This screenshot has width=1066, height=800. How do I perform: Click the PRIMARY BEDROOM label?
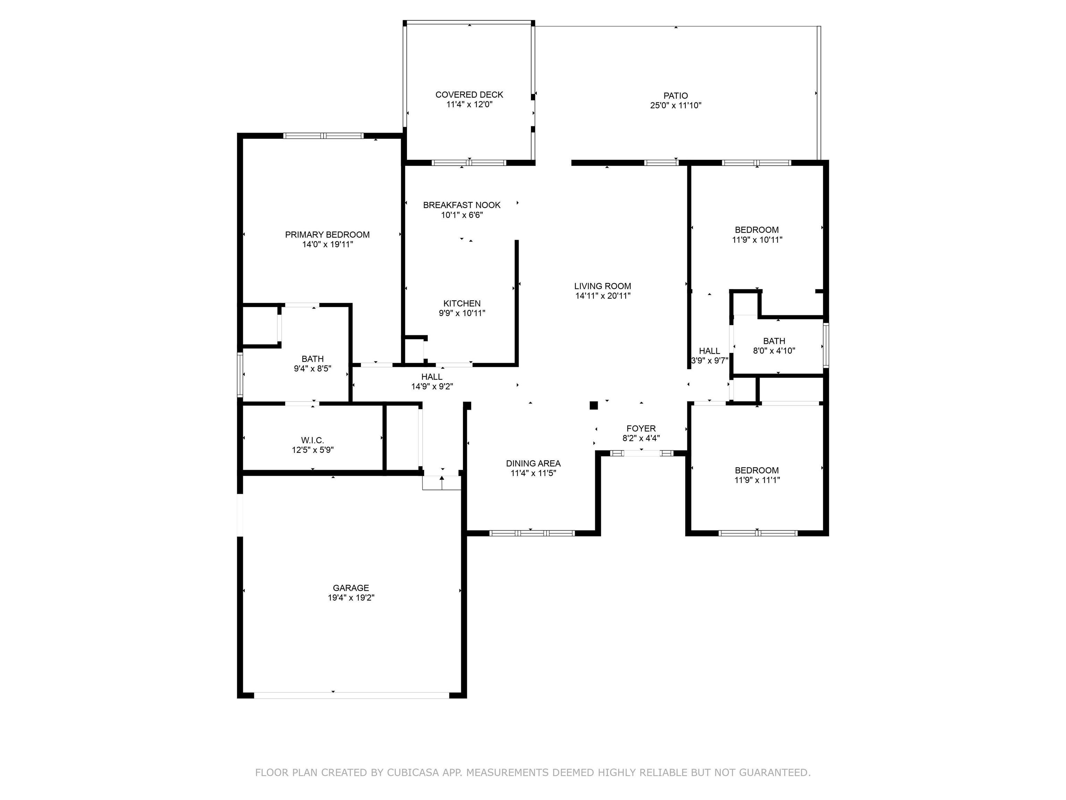327,235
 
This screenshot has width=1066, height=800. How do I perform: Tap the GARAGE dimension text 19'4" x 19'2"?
351,598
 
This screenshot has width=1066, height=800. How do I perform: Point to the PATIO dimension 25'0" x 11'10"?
675,106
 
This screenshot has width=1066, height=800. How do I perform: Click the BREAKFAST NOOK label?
462,205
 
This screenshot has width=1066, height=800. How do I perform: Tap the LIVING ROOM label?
602,286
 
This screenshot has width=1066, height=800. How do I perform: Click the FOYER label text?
641,428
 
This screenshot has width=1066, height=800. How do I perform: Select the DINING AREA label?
533,464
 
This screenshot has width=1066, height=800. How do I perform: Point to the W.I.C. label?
312,440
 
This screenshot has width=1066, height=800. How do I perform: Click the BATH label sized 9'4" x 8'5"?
312,359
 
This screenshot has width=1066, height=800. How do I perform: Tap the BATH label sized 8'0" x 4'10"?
774,341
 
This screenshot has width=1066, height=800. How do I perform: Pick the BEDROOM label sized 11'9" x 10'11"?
756,230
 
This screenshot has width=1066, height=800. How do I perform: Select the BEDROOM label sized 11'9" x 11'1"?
756,470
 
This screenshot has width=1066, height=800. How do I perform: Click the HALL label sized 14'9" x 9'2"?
431,377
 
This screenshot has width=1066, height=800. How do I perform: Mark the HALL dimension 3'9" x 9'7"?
709,361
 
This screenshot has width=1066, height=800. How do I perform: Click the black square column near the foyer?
594,406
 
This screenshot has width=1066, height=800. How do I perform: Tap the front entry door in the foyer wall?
641,453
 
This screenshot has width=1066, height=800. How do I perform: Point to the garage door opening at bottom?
351,695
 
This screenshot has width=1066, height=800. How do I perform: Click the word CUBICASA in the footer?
413,773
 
